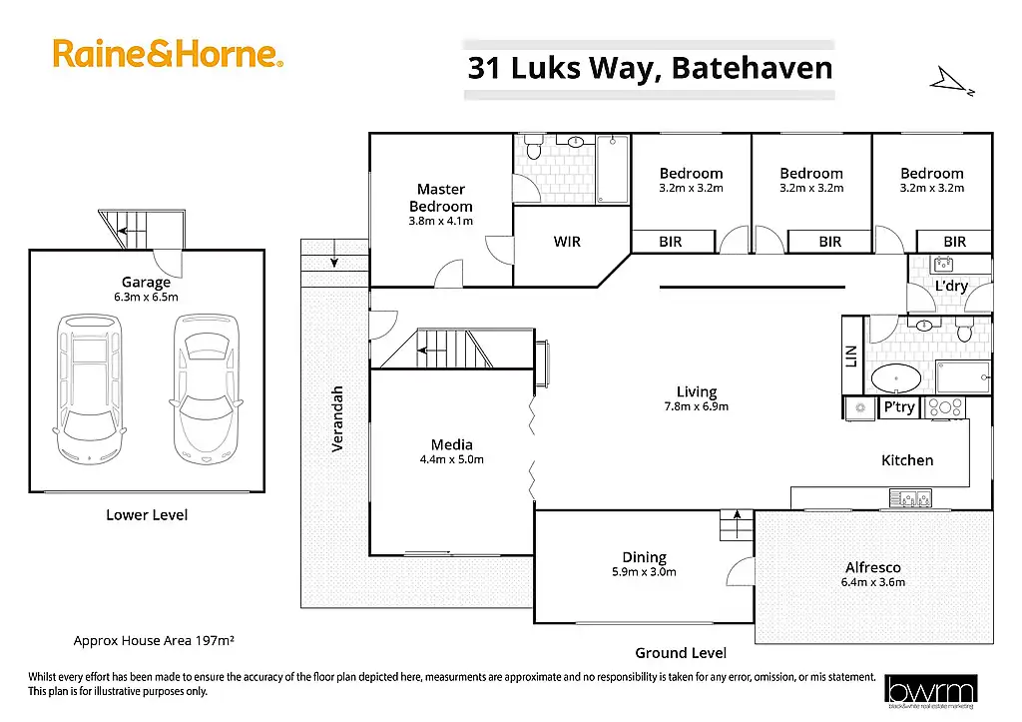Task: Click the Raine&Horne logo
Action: tap(168, 53)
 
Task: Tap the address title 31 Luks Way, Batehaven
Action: tap(650, 69)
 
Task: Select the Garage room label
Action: tap(147, 283)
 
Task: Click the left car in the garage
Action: tap(90, 388)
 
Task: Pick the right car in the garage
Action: tap(207, 388)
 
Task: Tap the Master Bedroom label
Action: tap(441, 198)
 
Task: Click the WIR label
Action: tap(567, 242)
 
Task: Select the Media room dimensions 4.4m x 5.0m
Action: tap(451, 459)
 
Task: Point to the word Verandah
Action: tap(337, 418)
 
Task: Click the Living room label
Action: tap(696, 392)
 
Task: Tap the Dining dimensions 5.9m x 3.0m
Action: tap(644, 572)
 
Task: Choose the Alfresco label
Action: tap(873, 567)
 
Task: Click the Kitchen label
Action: tap(907, 460)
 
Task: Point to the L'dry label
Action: tap(950, 287)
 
